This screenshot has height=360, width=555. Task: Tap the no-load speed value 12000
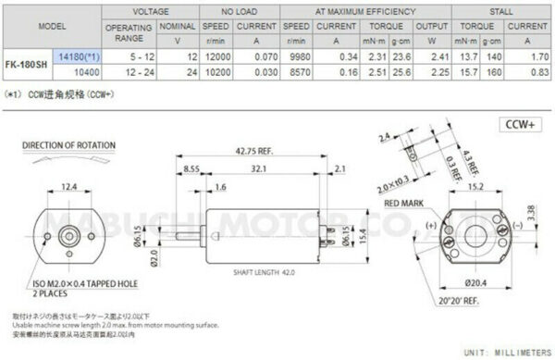coord(216,56)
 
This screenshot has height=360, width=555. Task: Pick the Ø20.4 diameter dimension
coord(474,281)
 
